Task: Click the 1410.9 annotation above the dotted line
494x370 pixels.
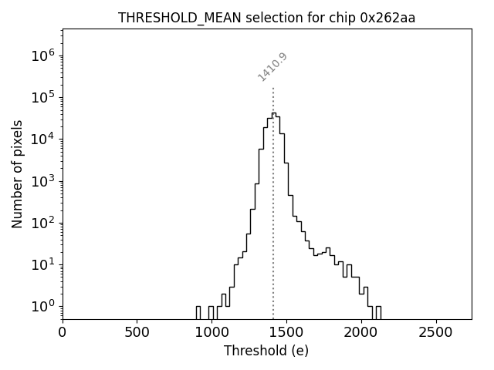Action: coord(272,67)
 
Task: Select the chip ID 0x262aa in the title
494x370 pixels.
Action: coord(387,18)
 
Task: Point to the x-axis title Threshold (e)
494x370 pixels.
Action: coord(266,351)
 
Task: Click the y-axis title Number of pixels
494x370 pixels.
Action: coord(17,173)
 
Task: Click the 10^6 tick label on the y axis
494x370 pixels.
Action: coord(43,55)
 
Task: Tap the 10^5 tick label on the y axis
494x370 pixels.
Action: coord(43,97)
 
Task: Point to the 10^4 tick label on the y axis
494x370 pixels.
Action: coord(43,139)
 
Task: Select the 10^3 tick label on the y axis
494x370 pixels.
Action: coord(43,181)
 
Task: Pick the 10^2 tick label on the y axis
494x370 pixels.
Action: coord(43,223)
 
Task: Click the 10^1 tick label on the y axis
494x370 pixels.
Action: coord(43,264)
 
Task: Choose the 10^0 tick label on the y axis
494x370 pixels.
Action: coord(43,306)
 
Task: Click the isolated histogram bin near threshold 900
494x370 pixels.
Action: coord(198,312)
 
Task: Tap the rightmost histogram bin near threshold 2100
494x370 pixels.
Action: coord(378,312)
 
